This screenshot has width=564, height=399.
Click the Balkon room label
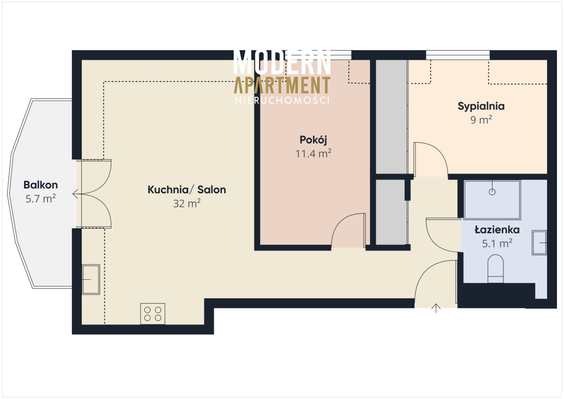40,185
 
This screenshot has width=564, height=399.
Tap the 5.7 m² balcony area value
40,199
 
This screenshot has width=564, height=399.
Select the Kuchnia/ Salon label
187,189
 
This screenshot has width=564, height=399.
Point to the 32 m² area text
187,203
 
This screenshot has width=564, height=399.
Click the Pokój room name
313,140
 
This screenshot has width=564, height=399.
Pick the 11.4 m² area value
313,154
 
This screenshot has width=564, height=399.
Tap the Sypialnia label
481,107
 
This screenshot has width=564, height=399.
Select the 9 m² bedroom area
481,120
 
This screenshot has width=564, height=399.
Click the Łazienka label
497,230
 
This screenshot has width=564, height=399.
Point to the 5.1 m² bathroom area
497,243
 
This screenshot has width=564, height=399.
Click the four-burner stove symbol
153,313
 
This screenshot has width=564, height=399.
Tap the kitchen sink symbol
91,280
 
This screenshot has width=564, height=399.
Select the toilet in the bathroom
495,269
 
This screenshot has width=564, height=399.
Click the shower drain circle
492,192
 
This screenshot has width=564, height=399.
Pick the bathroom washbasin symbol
539,243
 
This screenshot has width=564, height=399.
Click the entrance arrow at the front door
436,308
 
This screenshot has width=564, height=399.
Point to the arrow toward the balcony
76,194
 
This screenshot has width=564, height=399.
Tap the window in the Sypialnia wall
458,55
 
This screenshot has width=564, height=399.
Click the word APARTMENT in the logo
282,85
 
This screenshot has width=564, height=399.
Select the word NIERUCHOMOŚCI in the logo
282,101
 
